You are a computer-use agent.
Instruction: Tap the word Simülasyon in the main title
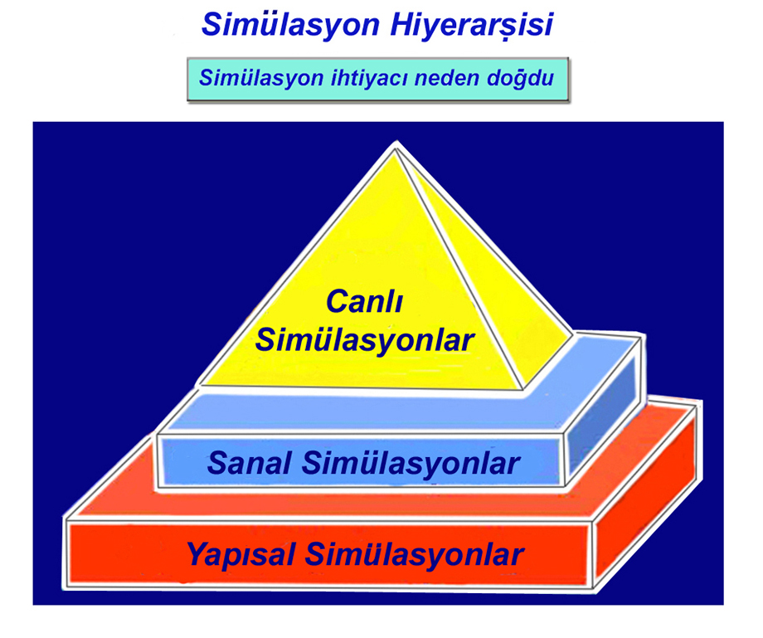pyautogui.click(x=290, y=24)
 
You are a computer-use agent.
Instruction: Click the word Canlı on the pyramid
pyautogui.click(x=364, y=301)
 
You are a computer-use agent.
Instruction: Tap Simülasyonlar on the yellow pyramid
pyautogui.click(x=364, y=339)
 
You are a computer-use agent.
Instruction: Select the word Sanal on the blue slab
pyautogui.click(x=249, y=462)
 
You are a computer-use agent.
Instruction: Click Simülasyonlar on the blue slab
pyautogui.click(x=411, y=463)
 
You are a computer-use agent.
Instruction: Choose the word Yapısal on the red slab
pyautogui.click(x=241, y=554)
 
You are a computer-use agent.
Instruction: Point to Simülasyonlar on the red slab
pyautogui.click(x=414, y=554)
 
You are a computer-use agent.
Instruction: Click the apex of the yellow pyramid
pyautogui.click(x=396, y=147)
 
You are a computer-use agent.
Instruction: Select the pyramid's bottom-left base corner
pyautogui.click(x=199, y=384)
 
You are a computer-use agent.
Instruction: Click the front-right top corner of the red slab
pyautogui.click(x=594, y=521)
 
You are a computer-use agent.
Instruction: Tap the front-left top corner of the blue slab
pyautogui.click(x=158, y=435)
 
